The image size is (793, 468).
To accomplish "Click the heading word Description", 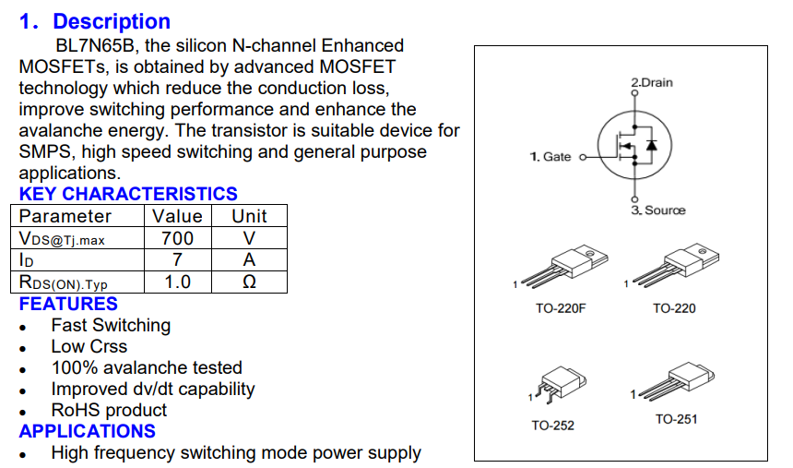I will click(x=112, y=21).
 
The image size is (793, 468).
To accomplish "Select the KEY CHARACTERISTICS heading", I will click(x=128, y=194).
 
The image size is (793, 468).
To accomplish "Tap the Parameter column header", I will click(x=65, y=216).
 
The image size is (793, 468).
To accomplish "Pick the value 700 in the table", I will click(x=177, y=238).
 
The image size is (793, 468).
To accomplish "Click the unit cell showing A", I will click(x=249, y=260).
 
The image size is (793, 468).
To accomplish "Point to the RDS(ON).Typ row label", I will click(x=64, y=282).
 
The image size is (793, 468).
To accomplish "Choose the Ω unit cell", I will click(x=249, y=282).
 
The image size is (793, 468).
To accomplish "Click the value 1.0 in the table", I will click(x=177, y=282).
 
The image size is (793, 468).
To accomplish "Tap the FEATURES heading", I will click(x=68, y=304).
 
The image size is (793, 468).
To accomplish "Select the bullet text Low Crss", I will click(x=89, y=346).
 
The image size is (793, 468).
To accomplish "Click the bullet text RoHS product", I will click(x=109, y=410).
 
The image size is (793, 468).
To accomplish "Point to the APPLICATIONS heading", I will click(x=88, y=431).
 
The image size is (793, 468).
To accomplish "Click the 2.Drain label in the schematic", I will click(x=652, y=83).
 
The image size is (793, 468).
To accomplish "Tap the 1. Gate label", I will click(x=550, y=157).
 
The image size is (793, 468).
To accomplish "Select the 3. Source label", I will click(x=658, y=210).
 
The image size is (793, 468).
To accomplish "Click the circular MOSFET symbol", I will click(x=633, y=145).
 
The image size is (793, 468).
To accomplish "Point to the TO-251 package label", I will click(x=676, y=420).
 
